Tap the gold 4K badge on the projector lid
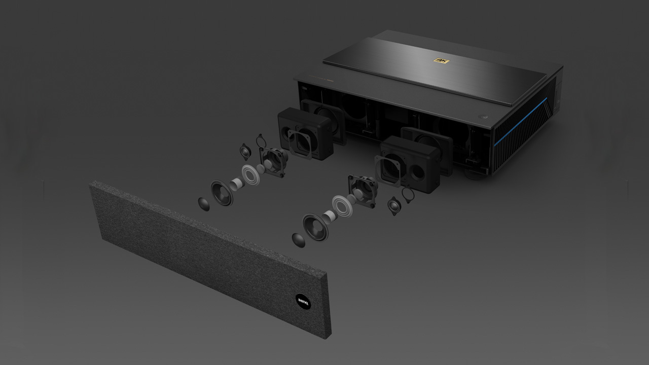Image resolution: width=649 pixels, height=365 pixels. (x=441, y=61)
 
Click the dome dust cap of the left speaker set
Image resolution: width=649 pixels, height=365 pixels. (x=203, y=204)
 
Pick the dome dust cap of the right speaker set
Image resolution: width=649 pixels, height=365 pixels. (x=299, y=240)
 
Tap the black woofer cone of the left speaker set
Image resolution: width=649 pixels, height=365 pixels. (x=222, y=193)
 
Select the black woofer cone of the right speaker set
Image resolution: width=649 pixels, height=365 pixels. (x=315, y=226)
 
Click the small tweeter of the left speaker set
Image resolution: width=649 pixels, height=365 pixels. (x=246, y=152)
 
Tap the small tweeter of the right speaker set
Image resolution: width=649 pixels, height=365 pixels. (x=393, y=206)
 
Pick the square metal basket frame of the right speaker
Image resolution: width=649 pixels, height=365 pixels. (x=362, y=190)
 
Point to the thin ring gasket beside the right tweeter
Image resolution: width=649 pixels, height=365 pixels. (x=408, y=195)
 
